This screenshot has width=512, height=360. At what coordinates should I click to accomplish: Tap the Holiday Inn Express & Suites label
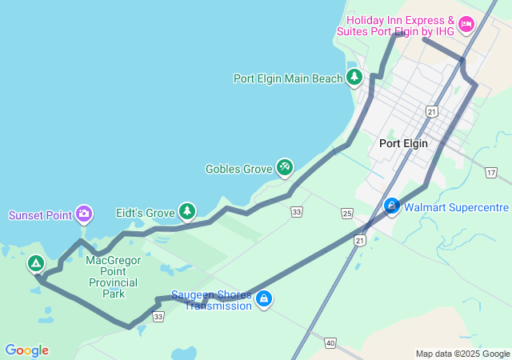(x=400, y=25)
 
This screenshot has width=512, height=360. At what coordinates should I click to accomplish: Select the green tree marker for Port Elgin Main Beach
(x=354, y=78)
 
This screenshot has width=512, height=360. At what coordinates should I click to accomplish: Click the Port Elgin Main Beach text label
(x=288, y=78)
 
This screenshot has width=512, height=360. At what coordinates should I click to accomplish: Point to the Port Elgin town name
(x=403, y=143)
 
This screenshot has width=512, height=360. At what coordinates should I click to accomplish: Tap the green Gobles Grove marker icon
(x=284, y=167)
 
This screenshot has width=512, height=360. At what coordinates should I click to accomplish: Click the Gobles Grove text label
(x=238, y=169)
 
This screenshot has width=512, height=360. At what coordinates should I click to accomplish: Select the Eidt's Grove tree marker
(x=186, y=211)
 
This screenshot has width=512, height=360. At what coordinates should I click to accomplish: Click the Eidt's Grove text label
(x=145, y=213)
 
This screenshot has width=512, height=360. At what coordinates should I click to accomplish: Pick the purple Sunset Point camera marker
(x=84, y=214)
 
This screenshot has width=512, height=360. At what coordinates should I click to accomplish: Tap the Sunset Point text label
(x=40, y=215)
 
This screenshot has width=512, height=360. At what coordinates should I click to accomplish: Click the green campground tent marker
(x=35, y=262)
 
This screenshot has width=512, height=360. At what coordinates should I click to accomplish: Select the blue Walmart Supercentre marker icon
(x=392, y=206)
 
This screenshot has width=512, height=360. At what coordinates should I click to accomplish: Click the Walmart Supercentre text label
(x=456, y=207)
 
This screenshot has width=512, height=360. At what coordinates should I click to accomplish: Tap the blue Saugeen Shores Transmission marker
(x=264, y=299)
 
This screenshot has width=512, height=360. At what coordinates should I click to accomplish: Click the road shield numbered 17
(x=490, y=173)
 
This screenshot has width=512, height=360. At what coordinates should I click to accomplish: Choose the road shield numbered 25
(x=346, y=213)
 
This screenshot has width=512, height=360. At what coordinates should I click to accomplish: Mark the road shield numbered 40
(x=330, y=342)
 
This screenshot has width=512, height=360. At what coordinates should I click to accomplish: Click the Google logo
(x=26, y=350)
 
